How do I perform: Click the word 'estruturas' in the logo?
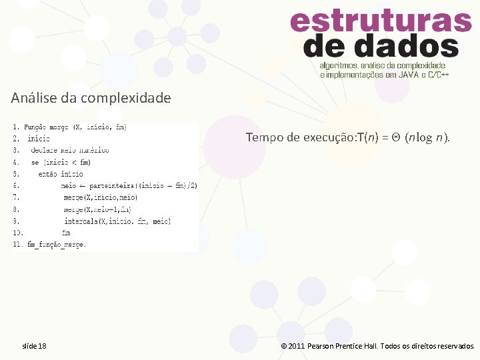381,21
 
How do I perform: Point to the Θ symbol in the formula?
395,138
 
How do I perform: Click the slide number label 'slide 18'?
34,346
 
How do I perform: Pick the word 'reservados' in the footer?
452,346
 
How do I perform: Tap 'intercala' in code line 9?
80,221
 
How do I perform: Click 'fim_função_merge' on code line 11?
56,245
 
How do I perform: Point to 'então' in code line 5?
49,173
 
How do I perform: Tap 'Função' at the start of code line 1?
37,126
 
